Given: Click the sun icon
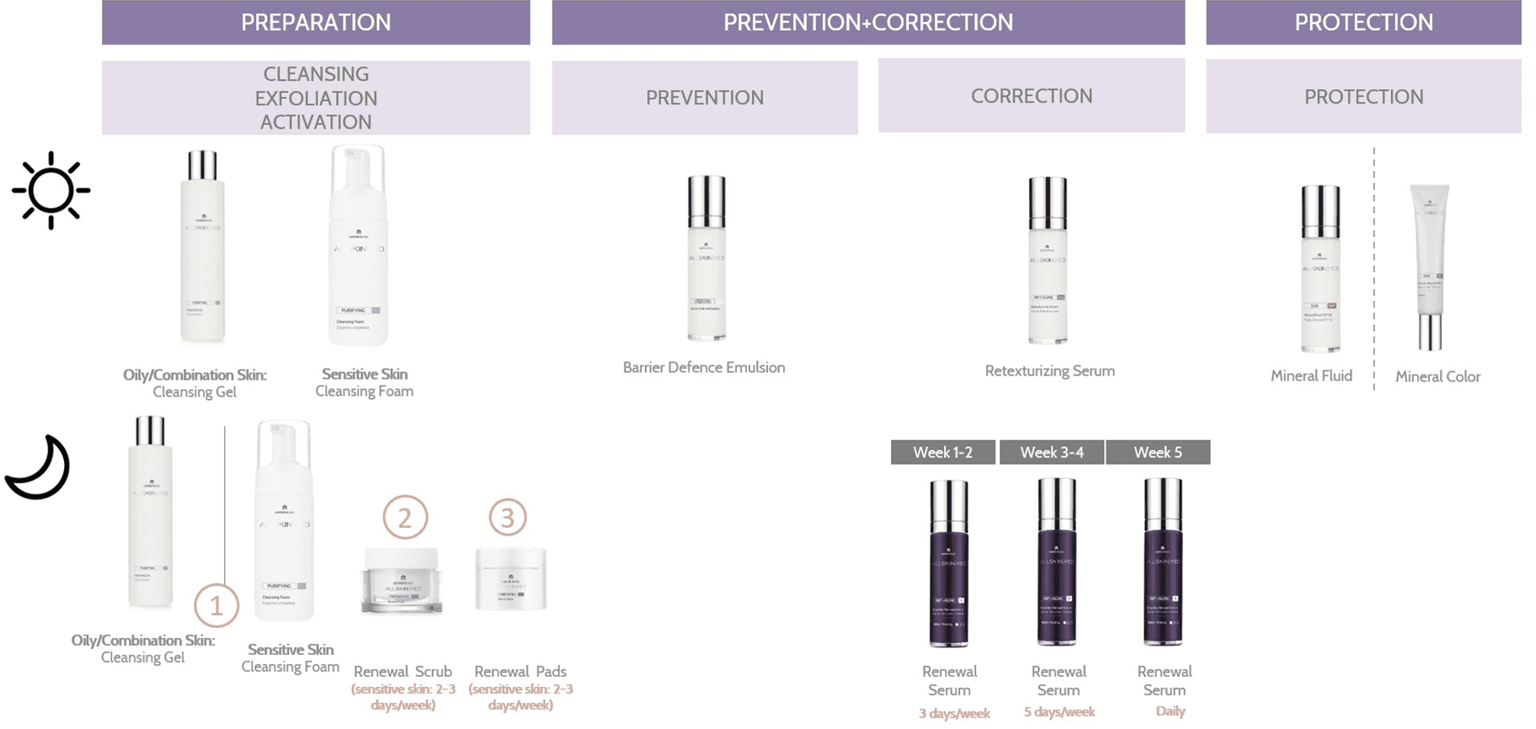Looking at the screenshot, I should (x=51, y=190).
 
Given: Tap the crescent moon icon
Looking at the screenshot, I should (x=38, y=469).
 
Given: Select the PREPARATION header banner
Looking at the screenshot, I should (x=316, y=23).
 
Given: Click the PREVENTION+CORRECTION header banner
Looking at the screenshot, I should (x=868, y=23).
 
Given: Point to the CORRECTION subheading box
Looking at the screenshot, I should (x=1031, y=96).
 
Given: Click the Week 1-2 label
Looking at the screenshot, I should (x=942, y=453).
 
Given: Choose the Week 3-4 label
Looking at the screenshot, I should (x=1052, y=453).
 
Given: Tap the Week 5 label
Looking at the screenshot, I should (x=1158, y=453).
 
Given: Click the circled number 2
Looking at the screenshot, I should (x=405, y=518).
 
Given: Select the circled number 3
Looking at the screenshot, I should (x=508, y=518).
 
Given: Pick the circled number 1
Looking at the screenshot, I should (x=216, y=606).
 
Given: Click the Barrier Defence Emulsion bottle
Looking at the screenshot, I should (x=706, y=258).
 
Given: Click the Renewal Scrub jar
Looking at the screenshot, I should (x=402, y=580).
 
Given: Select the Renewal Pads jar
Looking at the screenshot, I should (x=510, y=579).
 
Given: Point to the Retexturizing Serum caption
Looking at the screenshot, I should (x=1049, y=371).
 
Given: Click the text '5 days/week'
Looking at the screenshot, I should (x=1059, y=712).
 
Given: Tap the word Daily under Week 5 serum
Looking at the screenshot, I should (x=1171, y=711).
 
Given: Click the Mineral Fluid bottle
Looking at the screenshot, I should (x=1320, y=269).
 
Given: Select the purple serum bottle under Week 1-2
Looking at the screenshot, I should (x=948, y=564).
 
